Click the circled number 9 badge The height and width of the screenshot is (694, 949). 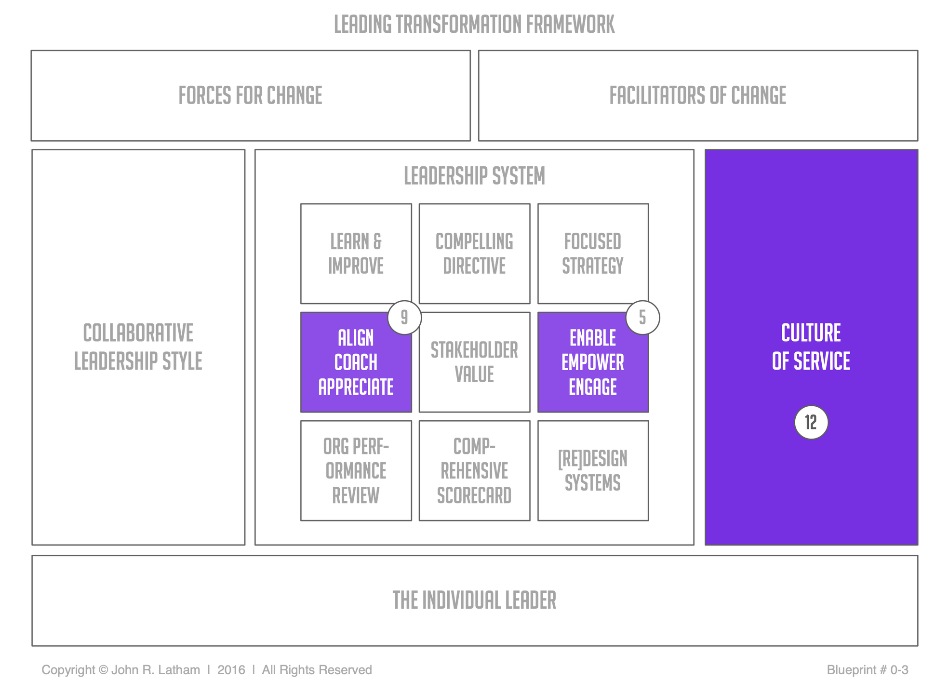coord(404,317)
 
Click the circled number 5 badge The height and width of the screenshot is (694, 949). coord(642,317)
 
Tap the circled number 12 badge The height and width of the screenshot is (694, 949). coord(811,422)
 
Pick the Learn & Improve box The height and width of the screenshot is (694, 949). coord(356,254)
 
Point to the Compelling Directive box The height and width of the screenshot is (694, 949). coord(474,254)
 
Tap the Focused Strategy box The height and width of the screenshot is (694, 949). coord(593,254)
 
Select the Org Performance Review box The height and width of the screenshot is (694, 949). coord(356,470)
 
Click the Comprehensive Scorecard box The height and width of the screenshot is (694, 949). coord(474,470)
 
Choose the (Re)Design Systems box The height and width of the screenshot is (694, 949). coord(593,470)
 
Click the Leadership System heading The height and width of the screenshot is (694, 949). coord(474,175)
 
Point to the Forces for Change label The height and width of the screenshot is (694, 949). coord(250,95)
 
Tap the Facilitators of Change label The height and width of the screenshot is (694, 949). coord(697,95)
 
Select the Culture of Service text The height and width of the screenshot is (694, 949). coord(811,347)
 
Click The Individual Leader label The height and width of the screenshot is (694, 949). coord(474,600)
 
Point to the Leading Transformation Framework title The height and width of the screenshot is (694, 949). coord(474,24)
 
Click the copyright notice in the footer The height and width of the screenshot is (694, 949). coord(207,670)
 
